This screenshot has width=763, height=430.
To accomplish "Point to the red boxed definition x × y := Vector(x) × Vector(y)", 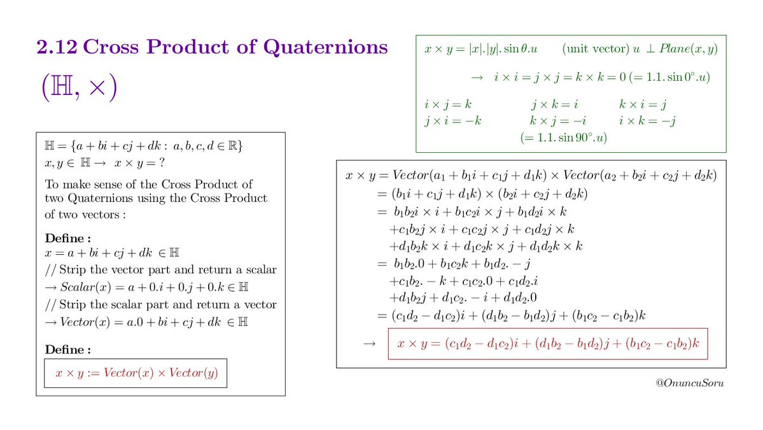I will [x=136, y=373].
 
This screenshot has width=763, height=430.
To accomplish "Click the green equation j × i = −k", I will [x=452, y=120].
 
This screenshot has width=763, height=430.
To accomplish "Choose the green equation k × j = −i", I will [x=557, y=120].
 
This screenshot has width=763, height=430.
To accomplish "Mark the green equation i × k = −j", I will [x=647, y=120].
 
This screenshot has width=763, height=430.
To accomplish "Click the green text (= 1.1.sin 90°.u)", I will [x=563, y=137].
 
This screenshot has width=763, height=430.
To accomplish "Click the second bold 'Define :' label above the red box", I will [x=67, y=350].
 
